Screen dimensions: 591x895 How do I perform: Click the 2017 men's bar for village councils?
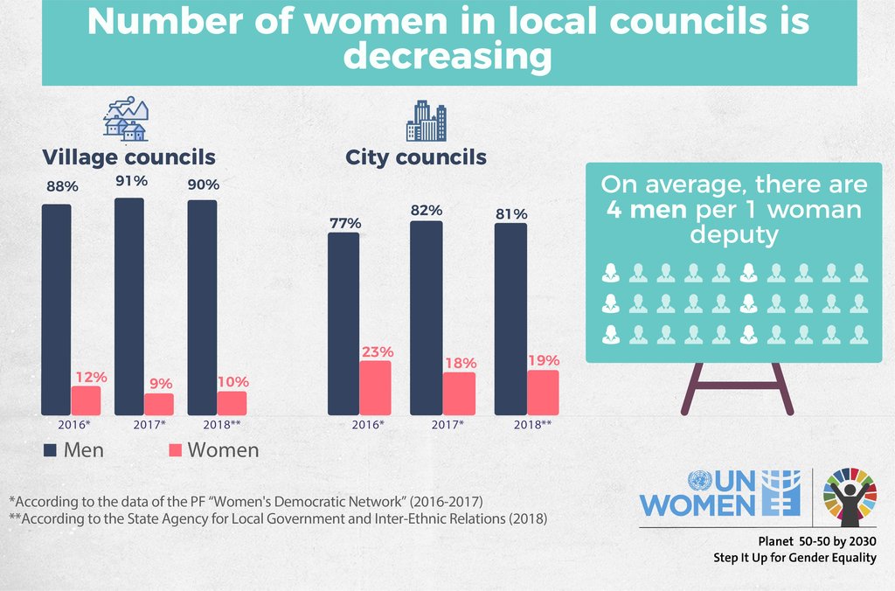click(x=129, y=306)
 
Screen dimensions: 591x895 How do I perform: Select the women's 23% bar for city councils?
click(x=376, y=387)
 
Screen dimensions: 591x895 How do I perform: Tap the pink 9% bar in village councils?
click(x=159, y=404)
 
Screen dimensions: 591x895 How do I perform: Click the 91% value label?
click(x=131, y=181)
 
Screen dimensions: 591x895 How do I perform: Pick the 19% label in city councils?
click(x=544, y=360)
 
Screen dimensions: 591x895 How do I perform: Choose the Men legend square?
click(x=51, y=450)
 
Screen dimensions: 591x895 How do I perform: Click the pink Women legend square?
click(x=175, y=450)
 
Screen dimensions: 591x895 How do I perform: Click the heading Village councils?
click(x=129, y=157)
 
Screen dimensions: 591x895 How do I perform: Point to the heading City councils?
click(x=416, y=157)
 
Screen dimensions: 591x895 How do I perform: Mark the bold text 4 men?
click(x=648, y=211)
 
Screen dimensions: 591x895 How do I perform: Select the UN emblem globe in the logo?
click(x=699, y=482)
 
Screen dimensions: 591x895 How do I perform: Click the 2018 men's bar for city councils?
click(x=510, y=319)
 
